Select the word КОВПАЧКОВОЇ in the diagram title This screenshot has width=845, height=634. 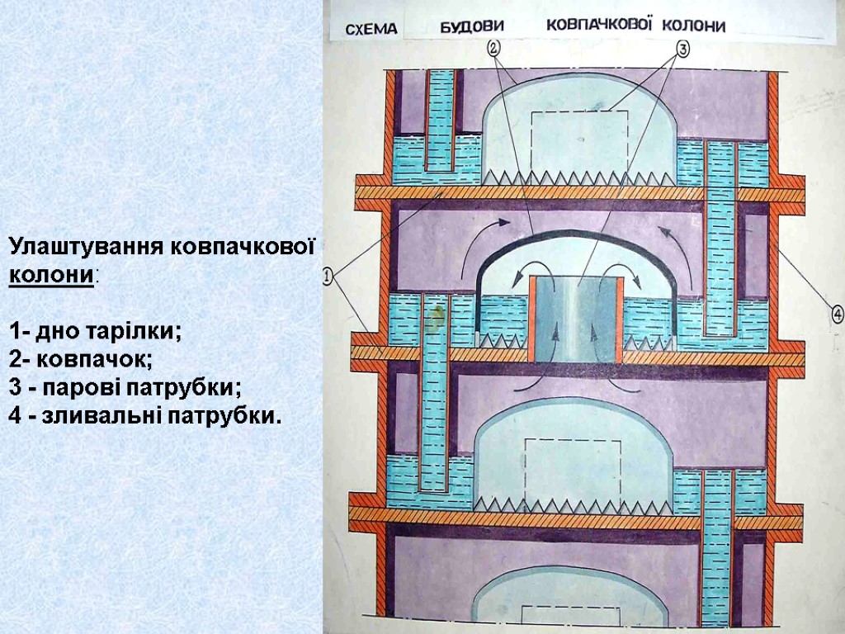pyautogui.click(x=599, y=25)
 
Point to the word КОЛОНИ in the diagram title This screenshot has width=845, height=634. pyautogui.click(x=695, y=26)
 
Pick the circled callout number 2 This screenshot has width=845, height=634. pyautogui.click(x=493, y=47)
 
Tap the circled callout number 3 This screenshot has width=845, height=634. pyautogui.click(x=682, y=48)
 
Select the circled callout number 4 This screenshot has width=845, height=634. pyautogui.click(x=836, y=314)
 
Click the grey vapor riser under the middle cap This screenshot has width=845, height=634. pyautogui.click(x=575, y=319)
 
